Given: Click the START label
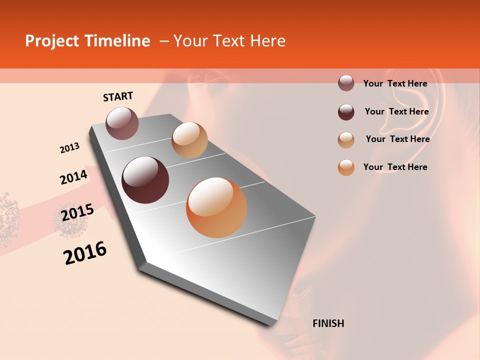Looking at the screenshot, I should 118,96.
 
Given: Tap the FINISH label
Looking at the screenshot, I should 328,323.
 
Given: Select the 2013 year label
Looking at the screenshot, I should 69,148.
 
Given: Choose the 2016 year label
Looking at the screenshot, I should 85,253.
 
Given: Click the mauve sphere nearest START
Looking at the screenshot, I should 122,123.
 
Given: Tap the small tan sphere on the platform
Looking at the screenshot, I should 189,140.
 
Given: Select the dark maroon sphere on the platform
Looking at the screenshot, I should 145,180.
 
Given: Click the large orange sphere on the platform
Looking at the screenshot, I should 216,207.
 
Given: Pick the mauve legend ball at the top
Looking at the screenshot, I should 346,83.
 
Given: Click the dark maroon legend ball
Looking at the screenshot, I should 346,112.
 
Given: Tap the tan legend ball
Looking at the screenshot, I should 346,140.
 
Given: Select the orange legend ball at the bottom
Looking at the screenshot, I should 346,167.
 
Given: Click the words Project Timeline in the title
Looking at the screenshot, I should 87,41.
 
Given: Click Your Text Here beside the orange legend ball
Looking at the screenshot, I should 395,167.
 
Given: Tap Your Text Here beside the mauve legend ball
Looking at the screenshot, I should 395,83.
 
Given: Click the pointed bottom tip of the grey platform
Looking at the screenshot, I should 270,324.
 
